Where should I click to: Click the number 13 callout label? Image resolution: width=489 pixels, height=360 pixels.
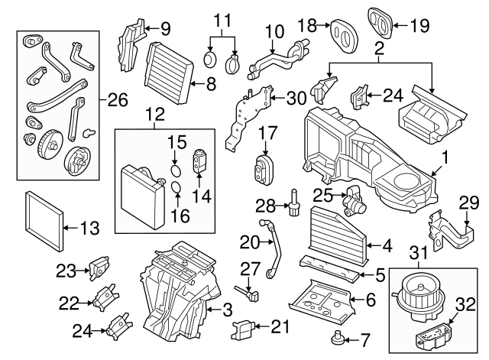point(89,227)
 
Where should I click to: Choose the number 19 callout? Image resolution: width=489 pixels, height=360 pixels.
point(419,25)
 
